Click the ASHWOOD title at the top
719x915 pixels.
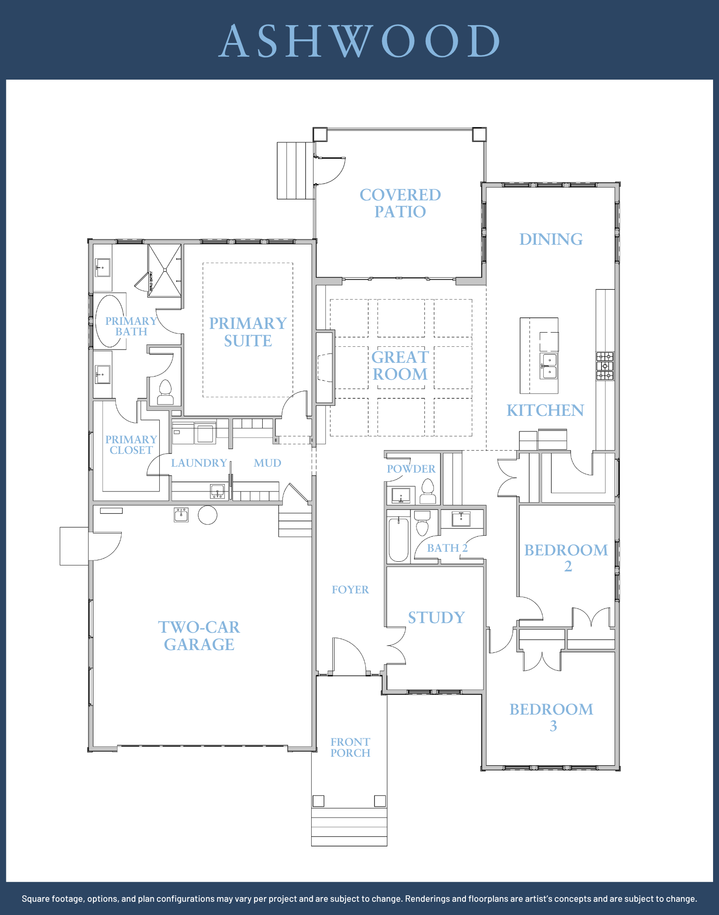click(x=360, y=41)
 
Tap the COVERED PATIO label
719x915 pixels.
click(x=400, y=203)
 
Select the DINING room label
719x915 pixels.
click(x=551, y=239)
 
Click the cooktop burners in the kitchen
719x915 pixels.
click(x=605, y=366)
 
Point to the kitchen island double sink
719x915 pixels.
click(x=549, y=366)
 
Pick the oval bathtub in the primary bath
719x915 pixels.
click(x=109, y=321)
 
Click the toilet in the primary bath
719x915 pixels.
click(x=165, y=392)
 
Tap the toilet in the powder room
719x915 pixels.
click(x=428, y=491)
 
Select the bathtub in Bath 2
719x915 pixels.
click(x=398, y=539)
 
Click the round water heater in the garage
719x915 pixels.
click(x=207, y=515)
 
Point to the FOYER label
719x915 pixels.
click(x=350, y=590)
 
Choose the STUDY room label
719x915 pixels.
click(x=436, y=618)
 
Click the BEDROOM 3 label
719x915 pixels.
click(x=551, y=717)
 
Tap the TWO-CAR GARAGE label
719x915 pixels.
click(x=199, y=635)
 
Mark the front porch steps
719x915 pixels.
click(x=349, y=827)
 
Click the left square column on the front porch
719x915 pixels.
click(x=319, y=801)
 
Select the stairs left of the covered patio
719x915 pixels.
click(x=296, y=171)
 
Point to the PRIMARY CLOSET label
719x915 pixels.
click(x=131, y=445)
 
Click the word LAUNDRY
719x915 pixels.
click(x=199, y=463)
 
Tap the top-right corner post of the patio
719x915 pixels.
click(x=479, y=135)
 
